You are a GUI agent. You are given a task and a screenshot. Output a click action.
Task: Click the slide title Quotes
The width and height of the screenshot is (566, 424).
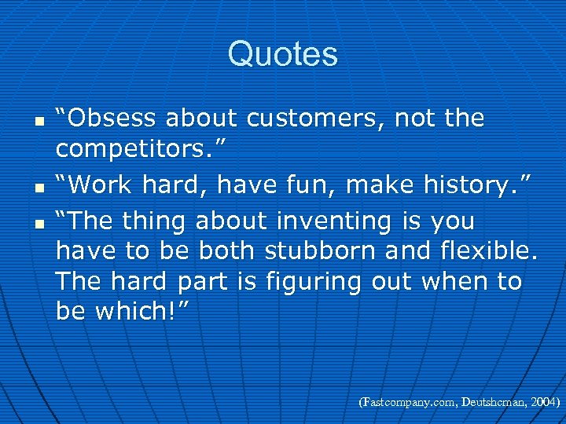point(283,54)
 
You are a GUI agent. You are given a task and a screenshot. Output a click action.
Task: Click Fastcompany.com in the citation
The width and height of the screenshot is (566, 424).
point(410,402)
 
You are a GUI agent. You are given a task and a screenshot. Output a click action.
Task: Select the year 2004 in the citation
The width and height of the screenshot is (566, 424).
point(542,402)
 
